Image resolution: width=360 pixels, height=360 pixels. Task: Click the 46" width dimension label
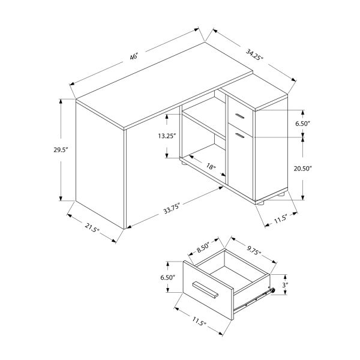click(134, 56)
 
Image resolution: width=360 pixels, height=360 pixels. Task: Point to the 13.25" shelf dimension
click(167, 136)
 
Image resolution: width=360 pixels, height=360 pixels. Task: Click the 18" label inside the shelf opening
click(210, 167)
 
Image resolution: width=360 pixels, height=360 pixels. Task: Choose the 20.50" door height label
click(304, 169)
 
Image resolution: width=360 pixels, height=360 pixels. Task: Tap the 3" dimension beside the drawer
click(286, 285)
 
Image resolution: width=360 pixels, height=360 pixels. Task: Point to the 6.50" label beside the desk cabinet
click(303, 124)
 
